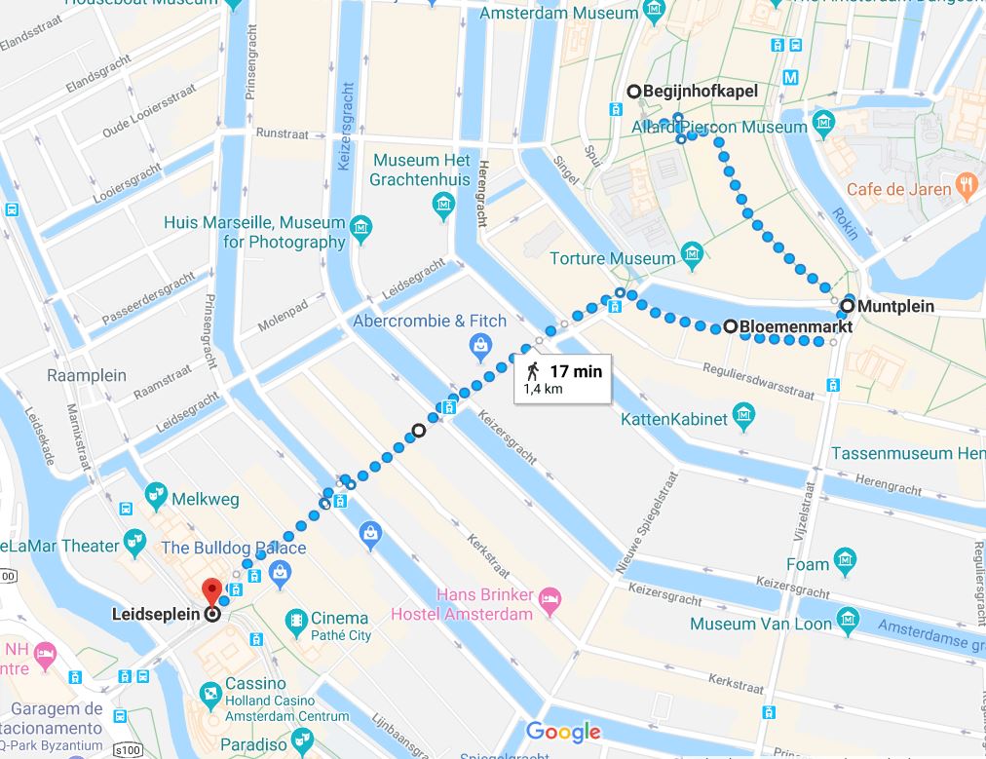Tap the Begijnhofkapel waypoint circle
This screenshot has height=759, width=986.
point(634,92)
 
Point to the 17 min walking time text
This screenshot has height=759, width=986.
point(576,371)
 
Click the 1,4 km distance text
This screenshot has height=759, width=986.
point(544,390)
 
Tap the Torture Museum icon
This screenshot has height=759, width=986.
point(692,258)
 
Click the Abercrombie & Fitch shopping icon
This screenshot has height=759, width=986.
point(479,343)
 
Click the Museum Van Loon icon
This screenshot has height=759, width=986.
point(849,618)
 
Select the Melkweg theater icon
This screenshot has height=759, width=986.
point(155,495)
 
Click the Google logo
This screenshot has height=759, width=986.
point(565,732)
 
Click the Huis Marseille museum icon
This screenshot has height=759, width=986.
point(362,229)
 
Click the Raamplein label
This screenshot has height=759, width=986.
point(87,375)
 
